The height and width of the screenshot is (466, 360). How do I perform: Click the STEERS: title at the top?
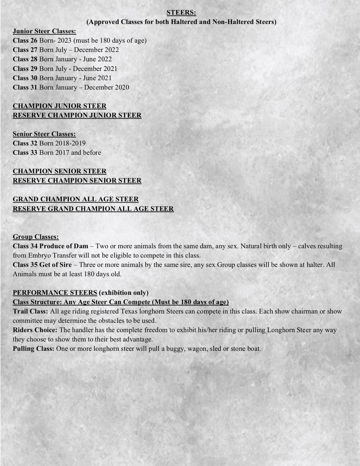tap(181, 12)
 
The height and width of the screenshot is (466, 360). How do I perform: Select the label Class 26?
tap(25, 40)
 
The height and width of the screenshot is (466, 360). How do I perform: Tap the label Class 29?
tap(25, 68)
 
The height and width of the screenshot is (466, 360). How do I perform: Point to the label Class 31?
tap(25, 87)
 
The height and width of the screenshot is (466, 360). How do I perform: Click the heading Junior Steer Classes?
tap(44, 31)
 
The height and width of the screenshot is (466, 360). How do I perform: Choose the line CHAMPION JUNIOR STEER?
tap(59, 106)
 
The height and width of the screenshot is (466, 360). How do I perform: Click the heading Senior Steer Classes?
tap(44, 134)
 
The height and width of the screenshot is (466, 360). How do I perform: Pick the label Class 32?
tap(25, 143)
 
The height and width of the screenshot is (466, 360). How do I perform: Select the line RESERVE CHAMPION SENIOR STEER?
tap(77, 180)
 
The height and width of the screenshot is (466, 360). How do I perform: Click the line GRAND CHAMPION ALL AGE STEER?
tap(76, 199)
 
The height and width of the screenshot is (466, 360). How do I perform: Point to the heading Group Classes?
tap(36, 237)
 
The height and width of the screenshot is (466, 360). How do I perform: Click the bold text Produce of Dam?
tap(64, 246)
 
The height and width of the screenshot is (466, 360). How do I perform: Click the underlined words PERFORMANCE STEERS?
tap(55, 293)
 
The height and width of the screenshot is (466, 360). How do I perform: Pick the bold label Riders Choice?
tap(35, 330)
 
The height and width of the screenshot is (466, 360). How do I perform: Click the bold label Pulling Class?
tap(34, 349)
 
